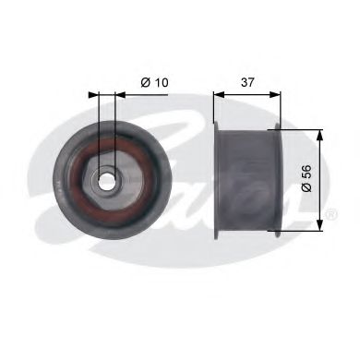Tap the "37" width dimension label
click(246, 81)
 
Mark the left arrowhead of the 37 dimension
click(218, 93)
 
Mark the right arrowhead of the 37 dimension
click(277, 93)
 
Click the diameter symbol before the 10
click(147, 83)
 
